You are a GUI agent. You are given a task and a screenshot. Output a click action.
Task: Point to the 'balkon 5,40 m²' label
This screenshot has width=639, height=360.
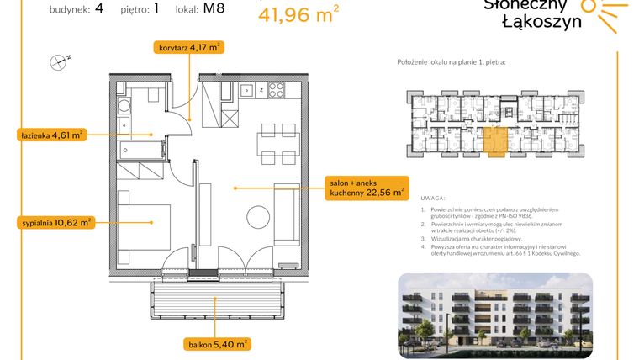point(218,343)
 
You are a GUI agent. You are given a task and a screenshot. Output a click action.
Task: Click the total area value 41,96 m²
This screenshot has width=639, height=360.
point(298,14)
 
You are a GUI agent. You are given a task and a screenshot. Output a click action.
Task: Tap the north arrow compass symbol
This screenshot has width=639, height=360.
point(59,60)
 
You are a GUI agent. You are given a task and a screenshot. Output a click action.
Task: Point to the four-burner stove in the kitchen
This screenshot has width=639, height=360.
point(277,89)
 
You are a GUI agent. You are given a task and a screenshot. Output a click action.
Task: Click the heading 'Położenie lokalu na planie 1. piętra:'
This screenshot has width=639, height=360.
point(452,64)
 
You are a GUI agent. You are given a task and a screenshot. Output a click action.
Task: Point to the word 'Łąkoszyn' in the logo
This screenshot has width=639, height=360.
point(531,23)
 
